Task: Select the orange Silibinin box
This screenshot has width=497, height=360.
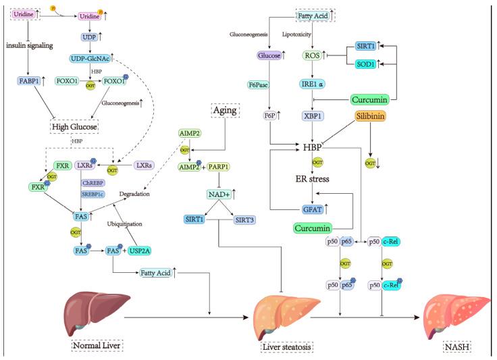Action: [x=373, y=117]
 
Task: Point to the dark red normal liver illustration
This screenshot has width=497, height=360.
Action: [x=90, y=311]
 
